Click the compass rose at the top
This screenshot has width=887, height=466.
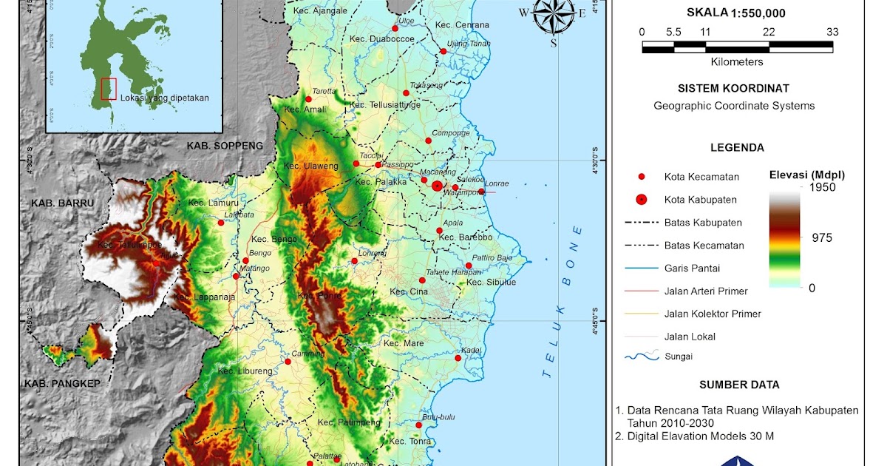coord(554,14)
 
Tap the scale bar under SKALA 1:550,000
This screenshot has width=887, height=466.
coord(737,47)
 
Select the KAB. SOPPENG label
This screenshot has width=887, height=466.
coord(225,146)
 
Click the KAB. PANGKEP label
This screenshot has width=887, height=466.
coord(62,384)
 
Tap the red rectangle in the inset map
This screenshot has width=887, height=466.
coord(109,88)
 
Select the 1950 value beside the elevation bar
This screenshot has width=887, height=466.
coord(823,187)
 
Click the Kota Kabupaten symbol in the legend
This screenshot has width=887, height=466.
coord(642,199)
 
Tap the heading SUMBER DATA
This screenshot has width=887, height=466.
coord(739,385)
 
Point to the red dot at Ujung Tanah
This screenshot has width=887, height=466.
coord(443,51)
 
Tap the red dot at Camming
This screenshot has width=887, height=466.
coord(288,362)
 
